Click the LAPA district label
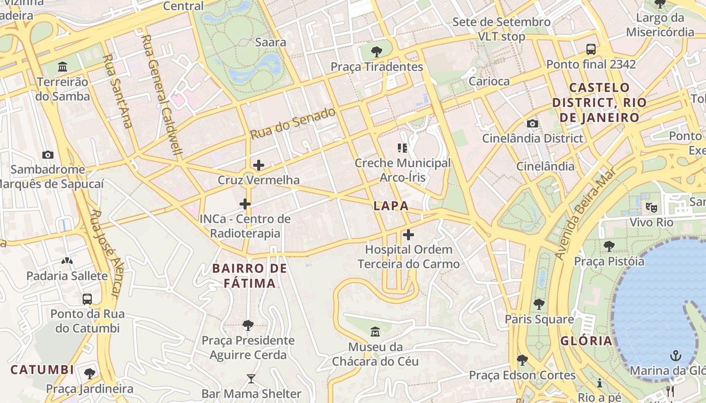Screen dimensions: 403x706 (x=391, y=206)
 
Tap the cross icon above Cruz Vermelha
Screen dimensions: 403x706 (x=259, y=165)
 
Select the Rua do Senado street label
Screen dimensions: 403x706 (x=293, y=123)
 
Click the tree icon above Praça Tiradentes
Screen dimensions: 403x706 (x=376, y=51)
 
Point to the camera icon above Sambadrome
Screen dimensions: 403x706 (x=48, y=155)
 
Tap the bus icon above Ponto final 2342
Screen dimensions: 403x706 (x=591, y=49)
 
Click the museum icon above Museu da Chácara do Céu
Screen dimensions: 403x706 (x=375, y=332)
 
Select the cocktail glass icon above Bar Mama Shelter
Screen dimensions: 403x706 (x=251, y=378)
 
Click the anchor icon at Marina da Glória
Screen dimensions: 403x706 (x=675, y=356)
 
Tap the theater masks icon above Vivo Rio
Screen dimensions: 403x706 (x=652, y=207)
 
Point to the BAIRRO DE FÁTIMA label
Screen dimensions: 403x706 (x=250, y=276)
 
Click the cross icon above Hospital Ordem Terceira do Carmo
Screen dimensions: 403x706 (x=408, y=234)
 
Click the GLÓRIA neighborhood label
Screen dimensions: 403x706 (x=586, y=341)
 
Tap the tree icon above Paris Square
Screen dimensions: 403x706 (x=539, y=304)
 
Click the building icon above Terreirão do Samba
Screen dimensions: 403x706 (x=63, y=66)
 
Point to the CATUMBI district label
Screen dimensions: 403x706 (x=42, y=369)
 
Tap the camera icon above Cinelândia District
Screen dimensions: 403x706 (x=532, y=123)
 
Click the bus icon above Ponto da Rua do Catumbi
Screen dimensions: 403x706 (x=87, y=299)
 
